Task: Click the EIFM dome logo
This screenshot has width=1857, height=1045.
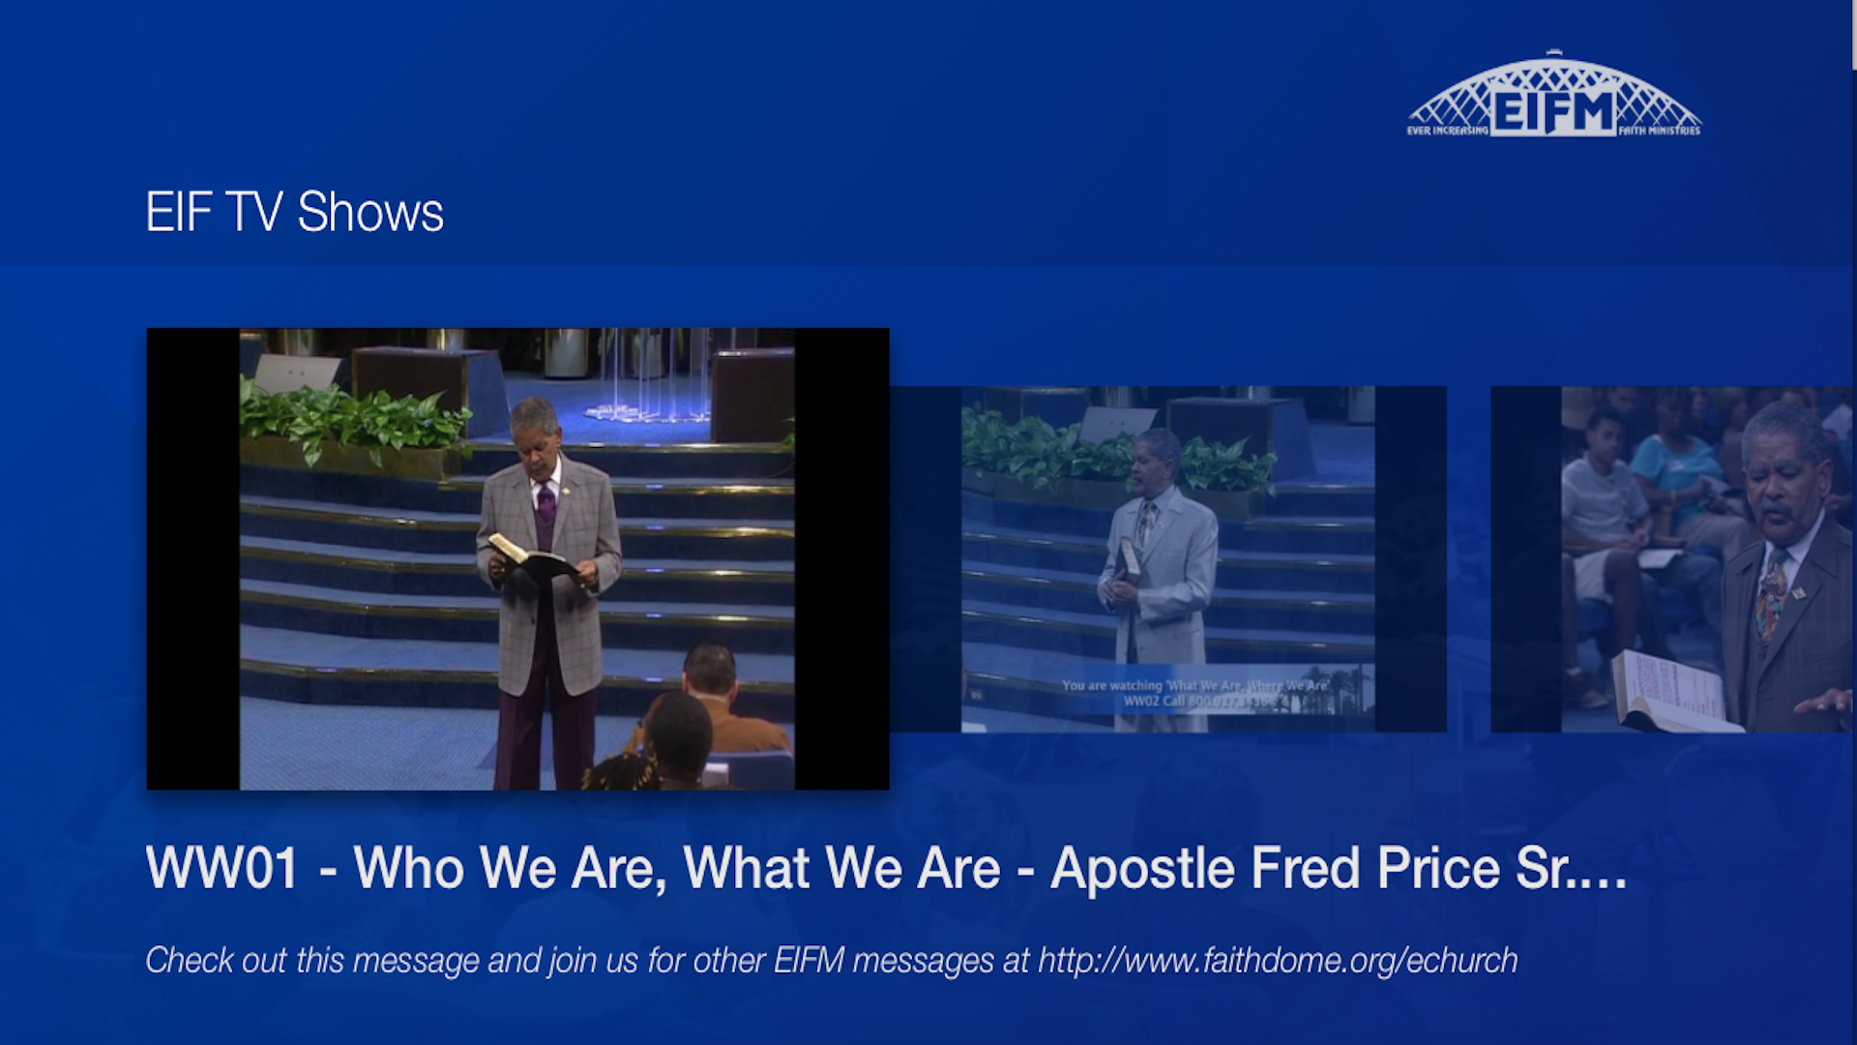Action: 1553,97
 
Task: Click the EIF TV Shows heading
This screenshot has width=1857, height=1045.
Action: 294,212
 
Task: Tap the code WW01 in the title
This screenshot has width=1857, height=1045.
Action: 221,868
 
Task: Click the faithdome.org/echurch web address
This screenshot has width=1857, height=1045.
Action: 1277,960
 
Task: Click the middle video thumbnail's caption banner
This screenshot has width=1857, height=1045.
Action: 1195,693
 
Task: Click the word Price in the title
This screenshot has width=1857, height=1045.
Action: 1437,868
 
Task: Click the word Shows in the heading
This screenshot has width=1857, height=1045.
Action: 370,212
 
